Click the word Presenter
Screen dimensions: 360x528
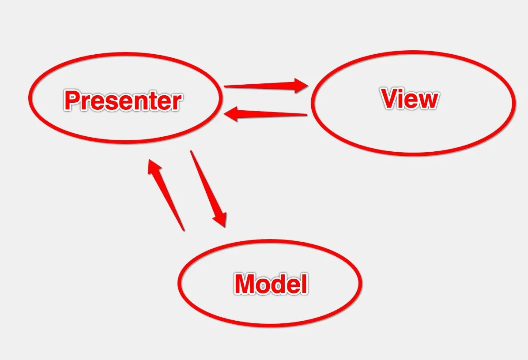click(x=123, y=101)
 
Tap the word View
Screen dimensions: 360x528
click(x=410, y=99)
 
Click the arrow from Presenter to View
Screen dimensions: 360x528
click(x=265, y=85)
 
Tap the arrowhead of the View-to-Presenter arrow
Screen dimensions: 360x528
click(x=232, y=115)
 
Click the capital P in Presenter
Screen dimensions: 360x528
click(x=73, y=101)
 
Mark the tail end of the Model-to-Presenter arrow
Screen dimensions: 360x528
click(x=183, y=229)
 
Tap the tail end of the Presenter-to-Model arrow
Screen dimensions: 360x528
click(x=191, y=152)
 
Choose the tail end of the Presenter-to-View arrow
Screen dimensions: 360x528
click(x=226, y=86)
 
